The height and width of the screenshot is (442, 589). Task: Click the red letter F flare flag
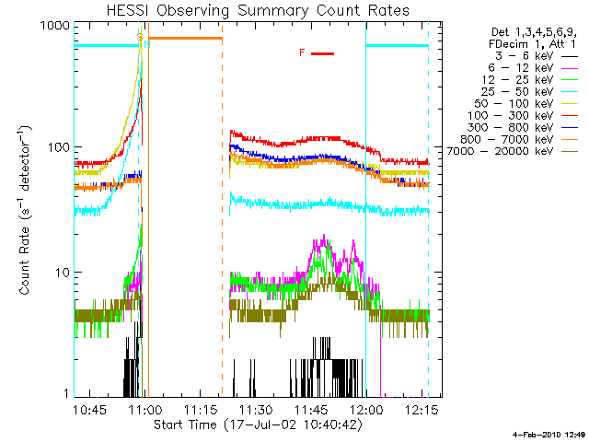coord(302,53)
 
